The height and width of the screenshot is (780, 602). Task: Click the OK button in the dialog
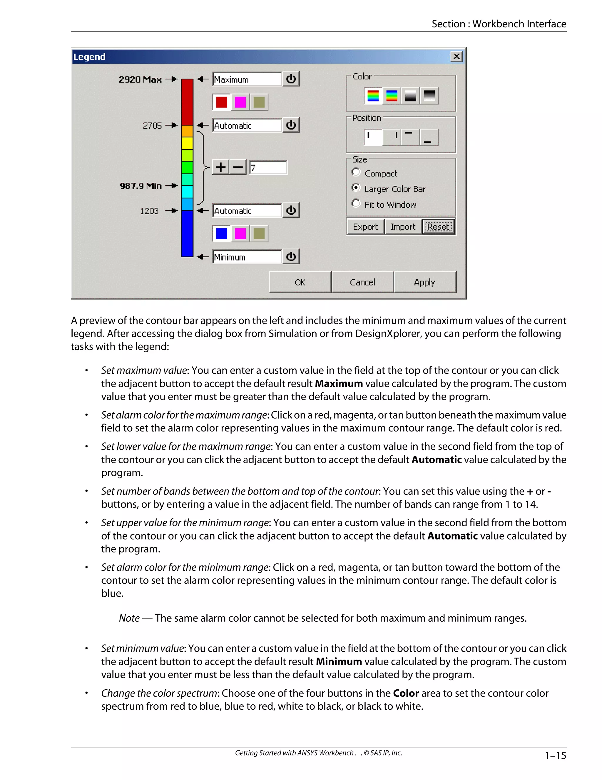pos(300,282)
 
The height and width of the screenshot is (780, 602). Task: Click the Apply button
pos(424,282)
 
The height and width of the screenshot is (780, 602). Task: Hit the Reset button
pos(438,226)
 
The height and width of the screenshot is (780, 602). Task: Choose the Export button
pos(365,226)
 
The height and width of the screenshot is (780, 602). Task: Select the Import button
pos(403,226)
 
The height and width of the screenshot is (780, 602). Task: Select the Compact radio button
pos(356,172)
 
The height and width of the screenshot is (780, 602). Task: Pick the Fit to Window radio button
pos(356,204)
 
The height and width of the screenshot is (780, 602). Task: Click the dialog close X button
pos(456,57)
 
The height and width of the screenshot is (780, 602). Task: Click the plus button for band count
pos(221,167)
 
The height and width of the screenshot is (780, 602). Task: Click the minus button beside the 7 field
pos(238,167)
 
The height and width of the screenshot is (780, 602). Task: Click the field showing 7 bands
pos(268,167)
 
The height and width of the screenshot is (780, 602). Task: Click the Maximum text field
pos(247,79)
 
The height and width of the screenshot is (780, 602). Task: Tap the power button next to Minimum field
pos(291,256)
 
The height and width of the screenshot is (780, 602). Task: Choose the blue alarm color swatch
pos(221,234)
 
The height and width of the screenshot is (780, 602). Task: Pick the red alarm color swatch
pos(221,102)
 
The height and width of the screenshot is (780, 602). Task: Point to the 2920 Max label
pos(140,79)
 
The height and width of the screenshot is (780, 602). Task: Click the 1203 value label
pos(149,211)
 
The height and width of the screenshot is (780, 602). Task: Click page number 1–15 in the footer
pos(555,755)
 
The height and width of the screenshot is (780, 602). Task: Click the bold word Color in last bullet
pos(405,693)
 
